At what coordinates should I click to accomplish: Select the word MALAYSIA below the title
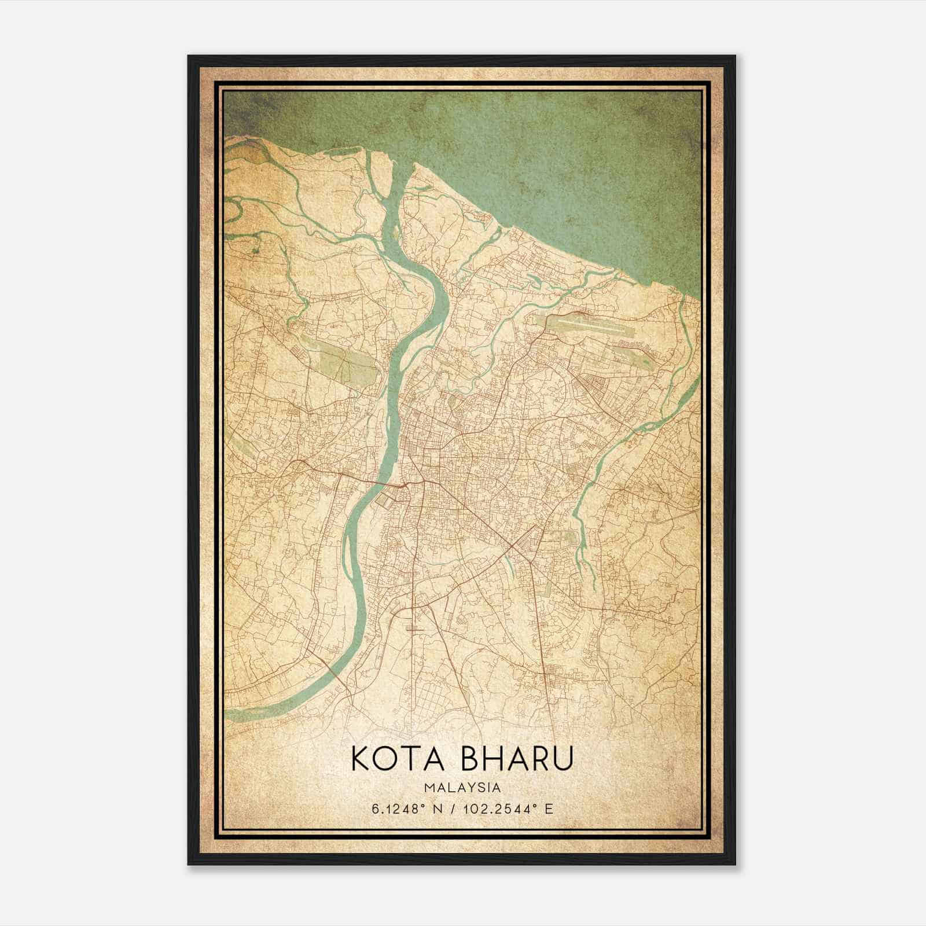point(462,788)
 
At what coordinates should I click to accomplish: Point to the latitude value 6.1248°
point(398,809)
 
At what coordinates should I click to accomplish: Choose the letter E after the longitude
point(549,809)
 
